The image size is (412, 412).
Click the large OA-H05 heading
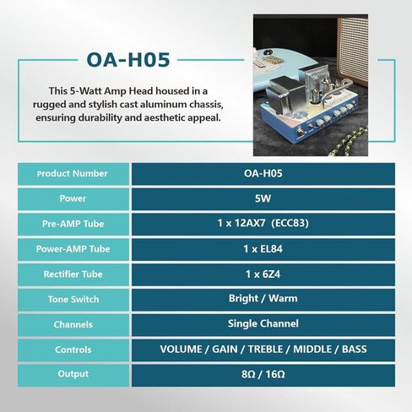coord(128,60)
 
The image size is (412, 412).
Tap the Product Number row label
coord(73,174)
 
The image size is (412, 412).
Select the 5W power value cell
coord(263,198)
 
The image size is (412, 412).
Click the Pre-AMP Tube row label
coord(73,224)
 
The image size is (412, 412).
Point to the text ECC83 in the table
coord(290,224)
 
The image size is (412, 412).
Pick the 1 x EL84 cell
coord(263,249)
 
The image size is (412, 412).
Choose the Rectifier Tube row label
coord(73,274)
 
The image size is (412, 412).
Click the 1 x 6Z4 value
coord(263,274)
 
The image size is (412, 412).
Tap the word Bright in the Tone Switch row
coord(243,299)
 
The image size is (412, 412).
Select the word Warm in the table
coord(283,299)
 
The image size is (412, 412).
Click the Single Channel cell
coord(263,324)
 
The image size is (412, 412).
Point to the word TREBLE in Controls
coord(265,350)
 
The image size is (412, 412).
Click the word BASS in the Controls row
coord(355,350)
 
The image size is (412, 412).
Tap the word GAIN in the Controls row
coord(225,350)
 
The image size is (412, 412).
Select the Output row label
coord(73,374)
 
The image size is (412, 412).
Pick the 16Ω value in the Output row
coord(275,375)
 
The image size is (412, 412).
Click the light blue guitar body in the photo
coord(270,68)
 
